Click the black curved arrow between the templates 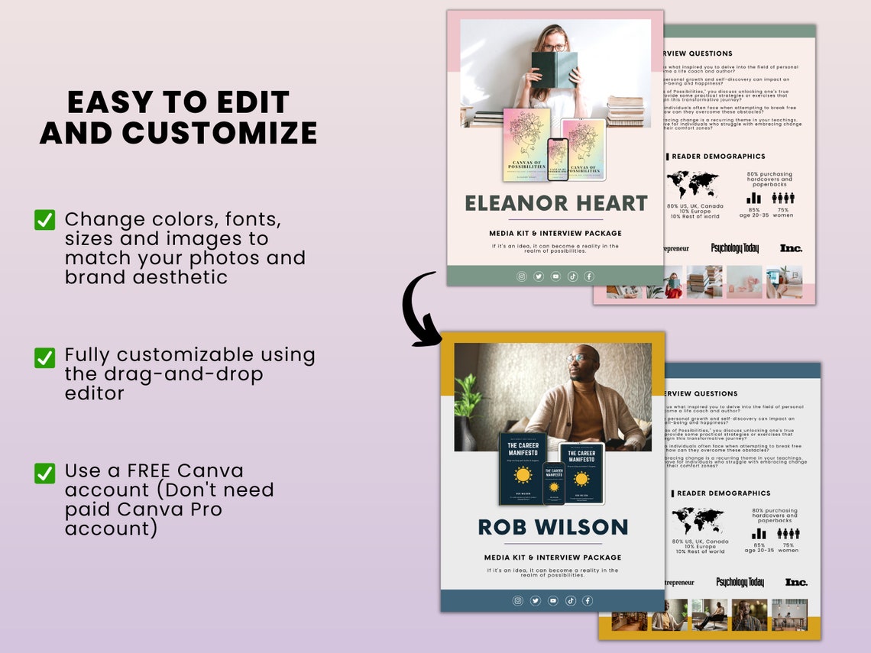419,309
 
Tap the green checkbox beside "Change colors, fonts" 45,220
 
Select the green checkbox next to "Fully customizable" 45,357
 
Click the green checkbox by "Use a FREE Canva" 45,473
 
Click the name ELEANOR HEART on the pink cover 555,204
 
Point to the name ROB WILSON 552,527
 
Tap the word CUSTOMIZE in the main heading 219,132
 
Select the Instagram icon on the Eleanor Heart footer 522,276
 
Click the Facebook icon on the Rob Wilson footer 588,601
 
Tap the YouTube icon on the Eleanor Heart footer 555,276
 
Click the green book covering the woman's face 554,70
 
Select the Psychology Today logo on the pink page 735,248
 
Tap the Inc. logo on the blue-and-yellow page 795,582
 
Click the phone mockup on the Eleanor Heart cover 558,159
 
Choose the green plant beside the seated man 468,409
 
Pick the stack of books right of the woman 626,111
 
